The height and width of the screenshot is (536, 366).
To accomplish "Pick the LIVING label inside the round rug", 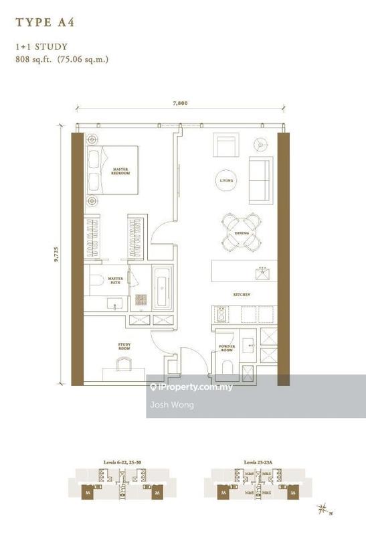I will pos(226,180).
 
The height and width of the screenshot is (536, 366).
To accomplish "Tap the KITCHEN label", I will pos(242,294).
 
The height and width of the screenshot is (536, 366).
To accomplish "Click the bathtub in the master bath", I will pos(163,289).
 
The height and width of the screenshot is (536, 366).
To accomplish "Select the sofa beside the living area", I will pos(260,180).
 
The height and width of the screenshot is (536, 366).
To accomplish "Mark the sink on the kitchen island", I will pos(262,272).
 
